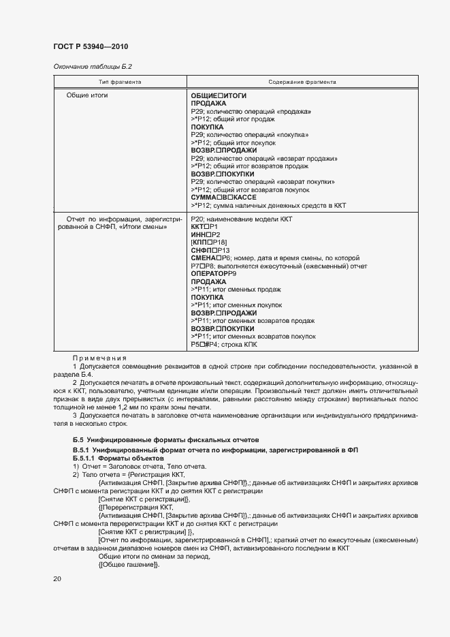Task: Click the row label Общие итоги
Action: coord(87,95)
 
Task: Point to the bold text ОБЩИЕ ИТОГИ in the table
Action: coord(219,95)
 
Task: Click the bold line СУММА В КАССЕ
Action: coord(224,197)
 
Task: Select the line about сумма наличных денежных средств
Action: coord(269,204)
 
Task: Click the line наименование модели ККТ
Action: coord(241,219)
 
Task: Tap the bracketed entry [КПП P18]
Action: coord(209,243)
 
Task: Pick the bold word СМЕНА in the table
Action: coord(204,258)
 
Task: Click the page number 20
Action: coord(57,579)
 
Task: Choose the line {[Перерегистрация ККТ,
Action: coord(135,507)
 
